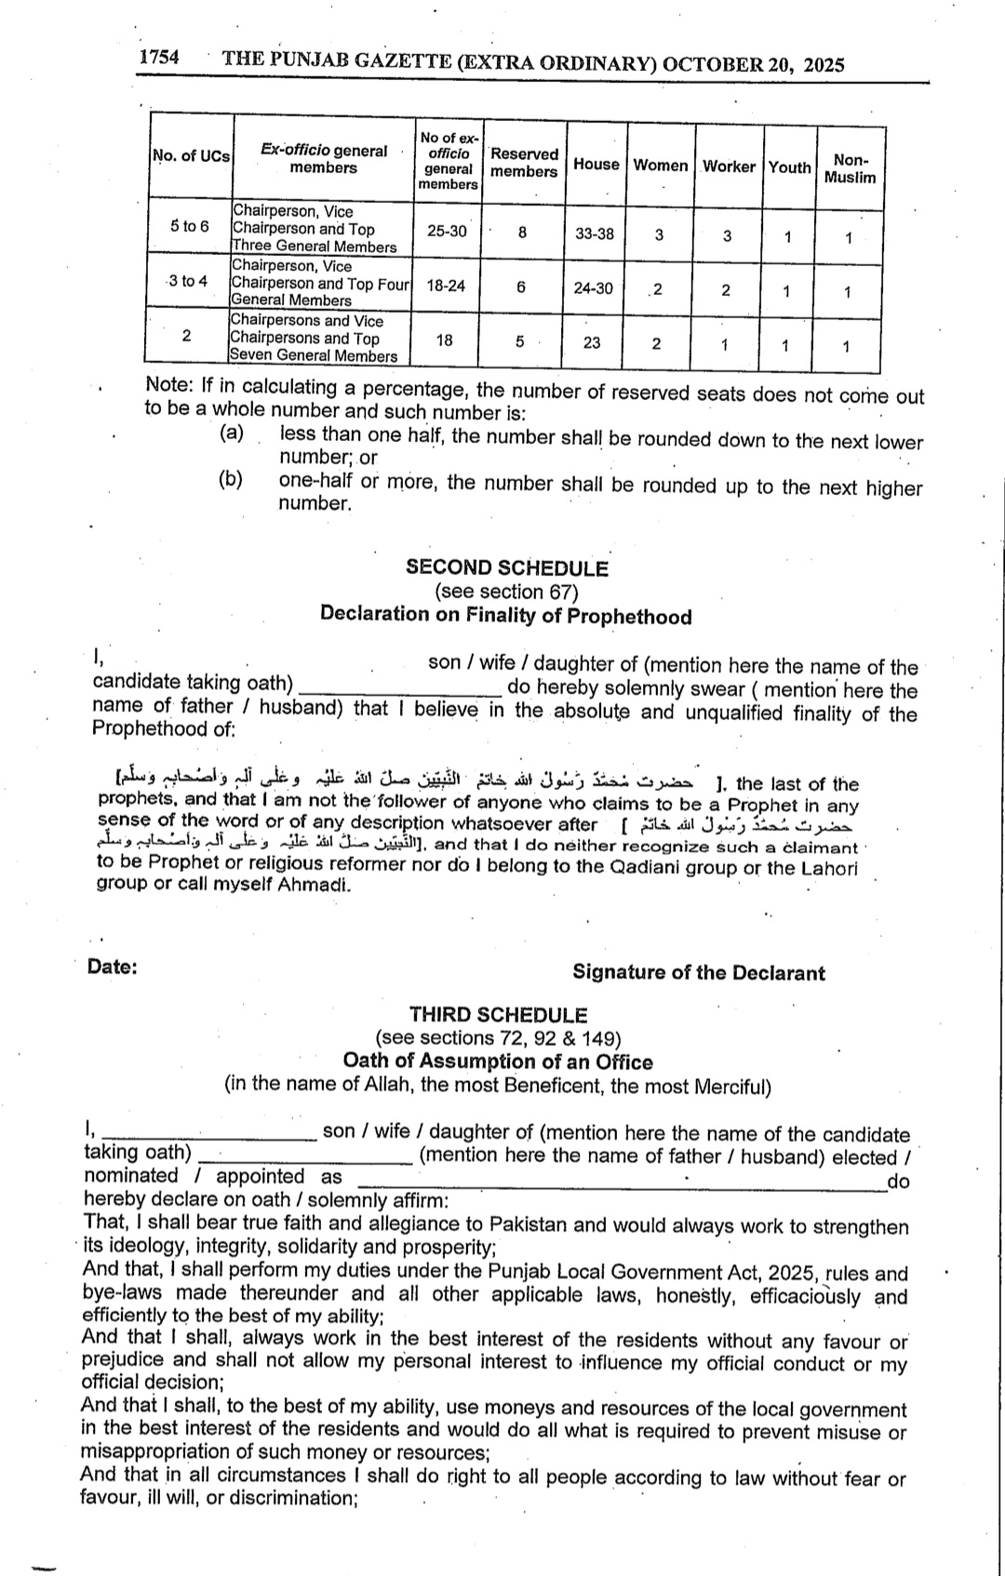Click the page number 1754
coord(159,58)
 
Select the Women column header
coord(660,166)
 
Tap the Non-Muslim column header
coord(850,168)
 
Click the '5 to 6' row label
coord(190,226)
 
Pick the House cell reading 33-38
coord(595,234)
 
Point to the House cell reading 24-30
coord(594,288)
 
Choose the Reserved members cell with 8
coord(522,233)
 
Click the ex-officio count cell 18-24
coord(446,286)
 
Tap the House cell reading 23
coord(592,342)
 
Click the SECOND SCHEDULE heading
coord(506,568)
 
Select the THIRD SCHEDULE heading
coord(499,1015)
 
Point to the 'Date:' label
coord(113,967)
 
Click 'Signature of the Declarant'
coord(698,972)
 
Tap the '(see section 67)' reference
coord(506,592)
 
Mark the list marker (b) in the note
coord(231,479)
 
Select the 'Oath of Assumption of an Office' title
coord(498,1062)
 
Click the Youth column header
coord(789,167)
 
